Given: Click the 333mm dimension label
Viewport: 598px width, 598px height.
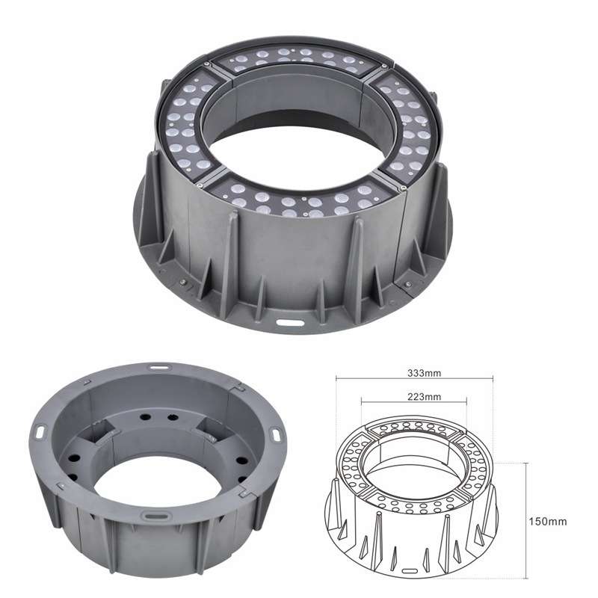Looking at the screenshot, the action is click(424, 373).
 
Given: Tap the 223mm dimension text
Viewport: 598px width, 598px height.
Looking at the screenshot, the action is click(424, 397).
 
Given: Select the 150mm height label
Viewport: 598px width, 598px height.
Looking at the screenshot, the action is click(548, 521).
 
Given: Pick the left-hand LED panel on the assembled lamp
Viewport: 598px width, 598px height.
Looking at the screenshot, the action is click(187, 122).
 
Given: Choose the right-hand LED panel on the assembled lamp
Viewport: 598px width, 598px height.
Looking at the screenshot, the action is click(409, 122).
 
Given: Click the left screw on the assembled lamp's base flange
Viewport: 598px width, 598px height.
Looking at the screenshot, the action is click(182, 282).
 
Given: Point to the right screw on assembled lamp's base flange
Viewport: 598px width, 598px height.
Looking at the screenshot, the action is click(407, 284).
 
